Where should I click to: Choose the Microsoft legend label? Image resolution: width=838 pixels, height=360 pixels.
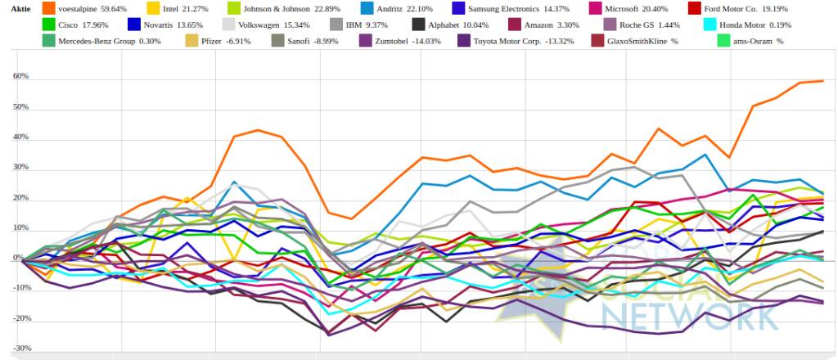627,9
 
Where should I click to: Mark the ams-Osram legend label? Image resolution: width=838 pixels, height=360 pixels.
748,41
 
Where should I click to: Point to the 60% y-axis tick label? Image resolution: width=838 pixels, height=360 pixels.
21,76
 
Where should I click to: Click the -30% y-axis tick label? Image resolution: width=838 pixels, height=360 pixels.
20,348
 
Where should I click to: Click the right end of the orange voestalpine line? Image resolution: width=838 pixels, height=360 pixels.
822,81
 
